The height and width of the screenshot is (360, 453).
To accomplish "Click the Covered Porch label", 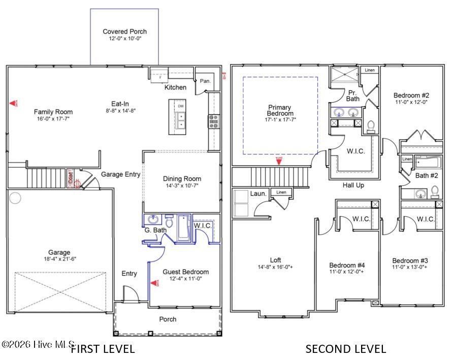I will [x=124, y=31].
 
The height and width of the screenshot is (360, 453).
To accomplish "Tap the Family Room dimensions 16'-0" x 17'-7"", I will [x=53, y=119].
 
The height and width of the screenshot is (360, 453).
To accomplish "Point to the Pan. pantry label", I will [x=205, y=81].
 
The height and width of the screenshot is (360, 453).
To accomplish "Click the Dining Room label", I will [x=182, y=179].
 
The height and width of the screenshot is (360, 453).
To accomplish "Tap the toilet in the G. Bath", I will [x=169, y=221].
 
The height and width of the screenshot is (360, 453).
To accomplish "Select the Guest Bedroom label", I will [x=185, y=272].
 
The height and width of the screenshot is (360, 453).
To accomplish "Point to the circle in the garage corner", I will [x=15, y=198].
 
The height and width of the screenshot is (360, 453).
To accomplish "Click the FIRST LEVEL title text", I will [x=103, y=349].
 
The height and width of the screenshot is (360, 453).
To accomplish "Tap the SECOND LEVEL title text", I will [x=345, y=349].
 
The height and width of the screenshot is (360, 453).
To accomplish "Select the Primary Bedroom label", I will [x=280, y=110].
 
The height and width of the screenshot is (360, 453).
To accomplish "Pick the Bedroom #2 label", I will [x=411, y=95].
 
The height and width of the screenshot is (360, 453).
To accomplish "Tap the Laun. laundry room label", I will [x=258, y=193].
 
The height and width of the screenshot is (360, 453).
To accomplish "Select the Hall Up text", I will [x=353, y=185].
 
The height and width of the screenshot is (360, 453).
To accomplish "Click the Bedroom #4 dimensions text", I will [x=347, y=272].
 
